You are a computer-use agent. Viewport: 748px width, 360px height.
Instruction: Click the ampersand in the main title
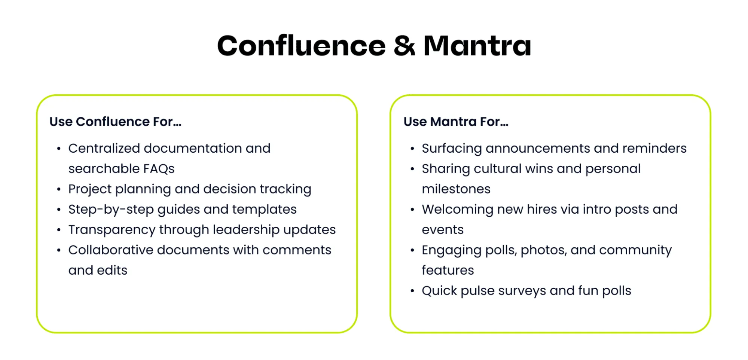pyautogui.click(x=404, y=46)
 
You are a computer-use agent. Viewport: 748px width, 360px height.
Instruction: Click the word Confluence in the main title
pyautogui.click(x=302, y=45)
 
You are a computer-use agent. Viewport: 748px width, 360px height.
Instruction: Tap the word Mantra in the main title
pyautogui.click(x=477, y=46)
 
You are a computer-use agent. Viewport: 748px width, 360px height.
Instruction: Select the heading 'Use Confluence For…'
pyautogui.click(x=115, y=122)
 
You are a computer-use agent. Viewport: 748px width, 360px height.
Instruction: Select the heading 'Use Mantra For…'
pyautogui.click(x=456, y=122)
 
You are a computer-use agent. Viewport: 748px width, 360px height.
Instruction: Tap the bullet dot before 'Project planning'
pyautogui.click(x=59, y=189)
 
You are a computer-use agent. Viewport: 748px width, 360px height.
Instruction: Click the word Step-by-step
pyautogui.click(x=111, y=210)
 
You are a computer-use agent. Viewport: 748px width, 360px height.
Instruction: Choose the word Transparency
pyautogui.click(x=112, y=230)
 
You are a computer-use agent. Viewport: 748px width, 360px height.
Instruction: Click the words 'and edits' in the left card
pyautogui.click(x=98, y=270)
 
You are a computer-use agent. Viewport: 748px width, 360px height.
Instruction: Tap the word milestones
pyautogui.click(x=456, y=189)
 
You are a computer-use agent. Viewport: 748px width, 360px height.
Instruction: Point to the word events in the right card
pyautogui.click(x=443, y=230)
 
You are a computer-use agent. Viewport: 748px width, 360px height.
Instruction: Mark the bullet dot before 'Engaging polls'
pyautogui.click(x=412, y=250)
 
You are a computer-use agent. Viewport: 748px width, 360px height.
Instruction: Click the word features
pyautogui.click(x=448, y=270)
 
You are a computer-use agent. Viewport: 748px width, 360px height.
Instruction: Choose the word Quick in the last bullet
pyautogui.click(x=439, y=291)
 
